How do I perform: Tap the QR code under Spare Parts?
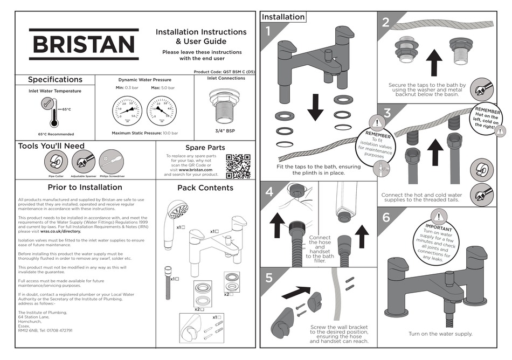(238, 167)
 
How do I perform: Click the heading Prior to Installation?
(85, 188)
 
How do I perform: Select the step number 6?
(385, 218)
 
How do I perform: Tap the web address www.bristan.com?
(201, 170)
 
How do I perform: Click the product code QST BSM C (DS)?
(236, 72)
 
